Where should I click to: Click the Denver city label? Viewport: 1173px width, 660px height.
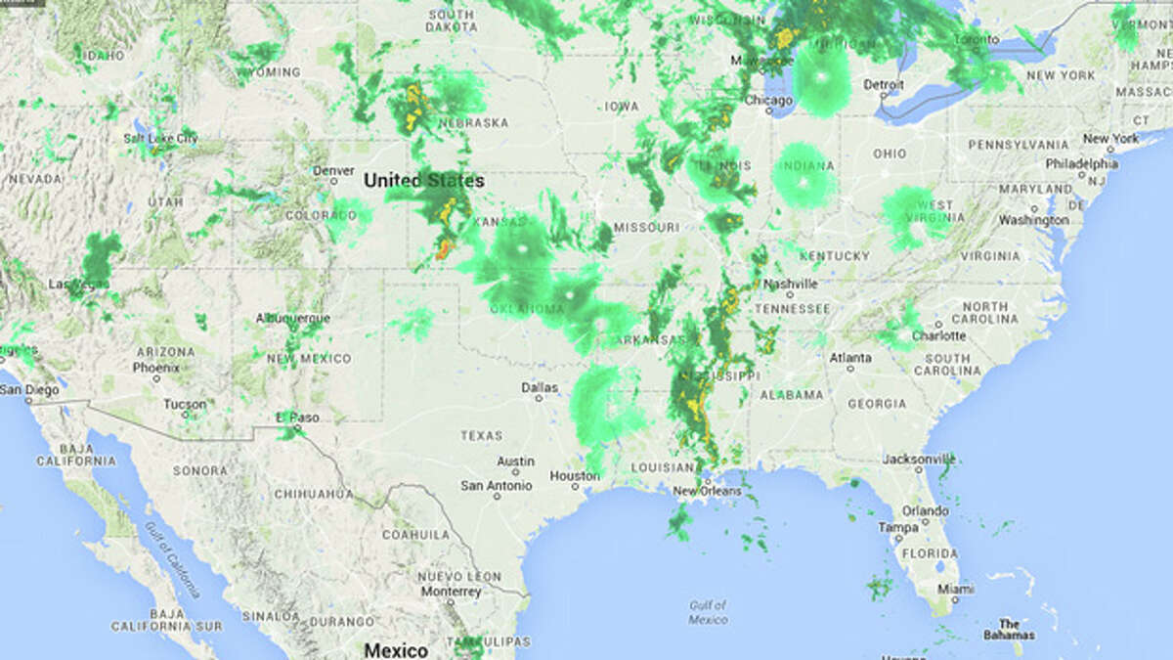(x=333, y=170)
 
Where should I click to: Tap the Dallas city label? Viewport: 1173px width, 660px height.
(x=540, y=387)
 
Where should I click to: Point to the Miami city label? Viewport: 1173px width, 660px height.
(x=955, y=590)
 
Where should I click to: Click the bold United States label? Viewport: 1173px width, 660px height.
(x=423, y=181)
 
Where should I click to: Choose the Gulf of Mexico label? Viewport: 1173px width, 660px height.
(x=707, y=613)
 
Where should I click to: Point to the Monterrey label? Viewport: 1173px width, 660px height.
(x=451, y=592)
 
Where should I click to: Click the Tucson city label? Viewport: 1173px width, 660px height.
(x=185, y=404)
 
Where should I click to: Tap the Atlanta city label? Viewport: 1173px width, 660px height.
(x=849, y=358)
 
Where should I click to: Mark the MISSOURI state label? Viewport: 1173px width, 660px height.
(x=646, y=227)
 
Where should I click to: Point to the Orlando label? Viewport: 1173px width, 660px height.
(x=925, y=510)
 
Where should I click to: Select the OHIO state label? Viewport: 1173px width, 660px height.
(x=890, y=154)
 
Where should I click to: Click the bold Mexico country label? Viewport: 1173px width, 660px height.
(x=396, y=650)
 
